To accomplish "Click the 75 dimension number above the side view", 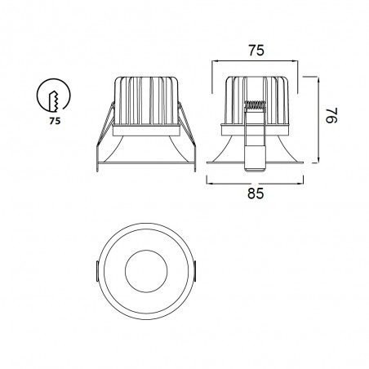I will click(256, 50).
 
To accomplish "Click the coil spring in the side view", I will click(256, 106).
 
